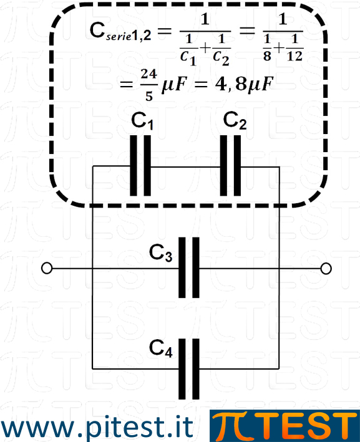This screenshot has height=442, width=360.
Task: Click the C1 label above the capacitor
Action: pos(142,121)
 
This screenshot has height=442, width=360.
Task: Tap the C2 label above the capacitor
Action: pos(235,120)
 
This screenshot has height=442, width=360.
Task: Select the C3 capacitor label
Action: pos(160,253)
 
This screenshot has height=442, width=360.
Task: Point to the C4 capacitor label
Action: pos(160,348)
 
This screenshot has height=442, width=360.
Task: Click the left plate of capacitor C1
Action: pos(134,165)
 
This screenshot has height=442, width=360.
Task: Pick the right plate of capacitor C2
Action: pos(237,165)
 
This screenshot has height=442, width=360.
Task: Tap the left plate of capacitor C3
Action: pos(182,267)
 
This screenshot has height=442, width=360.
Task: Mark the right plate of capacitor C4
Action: pos(196,369)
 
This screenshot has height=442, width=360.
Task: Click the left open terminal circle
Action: pos(47,268)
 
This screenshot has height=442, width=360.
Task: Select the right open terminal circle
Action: pos(326,268)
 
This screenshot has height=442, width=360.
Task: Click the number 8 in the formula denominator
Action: pos(267,55)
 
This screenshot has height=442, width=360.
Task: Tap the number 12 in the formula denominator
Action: pos(295,56)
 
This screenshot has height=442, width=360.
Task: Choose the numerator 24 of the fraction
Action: pos(149,74)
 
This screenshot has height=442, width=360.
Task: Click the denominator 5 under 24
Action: pos(149,96)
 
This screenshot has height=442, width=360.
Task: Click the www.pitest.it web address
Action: pos(97,426)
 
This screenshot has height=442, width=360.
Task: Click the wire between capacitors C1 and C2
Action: pos(185,167)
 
